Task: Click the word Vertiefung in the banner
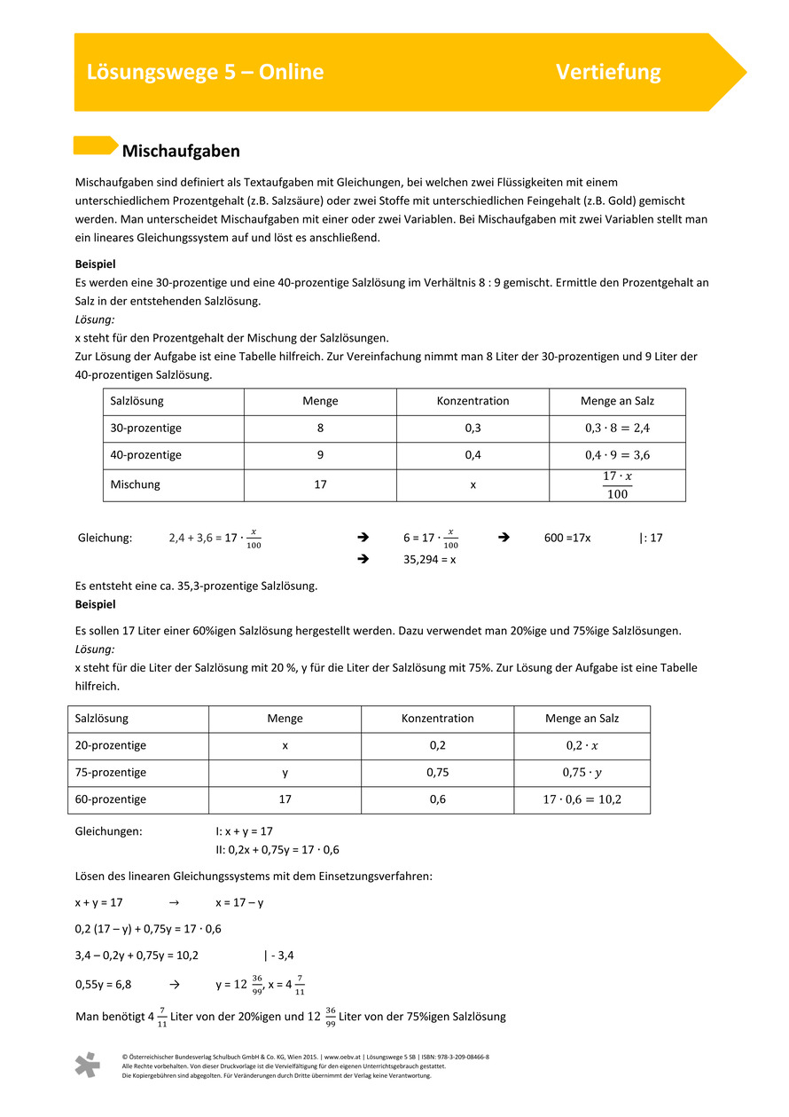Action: click(608, 72)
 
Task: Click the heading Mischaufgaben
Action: click(181, 152)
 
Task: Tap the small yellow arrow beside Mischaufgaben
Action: click(95, 146)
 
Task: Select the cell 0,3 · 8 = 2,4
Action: click(617, 428)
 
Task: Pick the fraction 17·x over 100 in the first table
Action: click(617, 485)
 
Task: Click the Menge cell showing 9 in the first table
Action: click(320, 454)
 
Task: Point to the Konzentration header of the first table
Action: click(473, 401)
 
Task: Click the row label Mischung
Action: click(135, 484)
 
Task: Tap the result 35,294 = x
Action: click(429, 560)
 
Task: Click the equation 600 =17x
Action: click(567, 538)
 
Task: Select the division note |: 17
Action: click(651, 538)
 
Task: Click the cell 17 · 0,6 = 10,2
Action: click(582, 799)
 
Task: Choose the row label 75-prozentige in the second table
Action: click(111, 772)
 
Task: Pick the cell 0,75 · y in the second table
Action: click(582, 772)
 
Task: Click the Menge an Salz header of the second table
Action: click(582, 719)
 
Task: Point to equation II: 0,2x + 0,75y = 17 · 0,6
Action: click(277, 850)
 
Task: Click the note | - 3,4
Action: click(278, 956)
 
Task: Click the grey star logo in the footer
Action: click(87, 1065)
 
